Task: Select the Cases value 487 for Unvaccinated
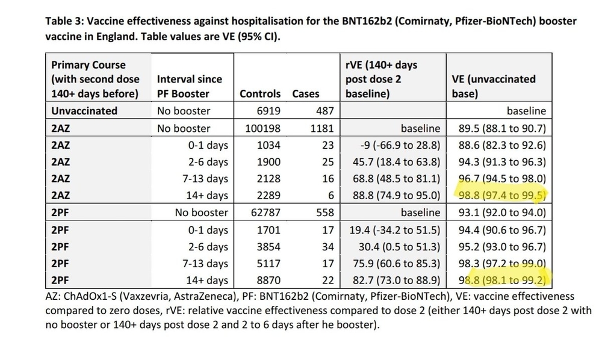pyautogui.click(x=310, y=111)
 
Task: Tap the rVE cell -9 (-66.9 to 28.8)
pyautogui.click(x=394, y=145)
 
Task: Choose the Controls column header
pyautogui.click(x=260, y=94)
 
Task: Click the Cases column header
pyautogui.click(x=306, y=94)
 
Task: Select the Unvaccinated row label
pyautogui.click(x=84, y=111)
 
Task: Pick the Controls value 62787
pyautogui.click(x=263, y=213)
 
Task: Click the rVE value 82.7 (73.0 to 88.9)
pyautogui.click(x=394, y=280)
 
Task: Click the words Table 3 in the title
pyautogui.click(x=65, y=21)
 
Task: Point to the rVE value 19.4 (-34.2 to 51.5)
pyautogui.click(x=394, y=229)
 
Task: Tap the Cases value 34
pyautogui.click(x=313, y=246)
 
